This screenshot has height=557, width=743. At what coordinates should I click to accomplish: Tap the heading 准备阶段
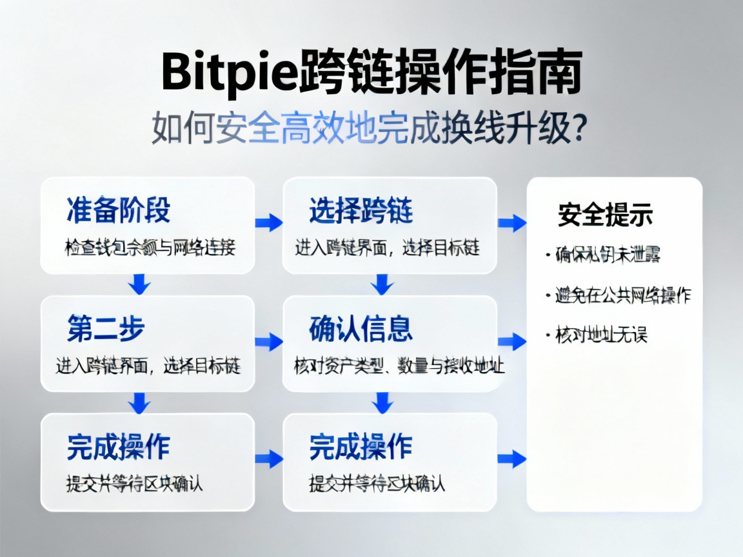[x=118, y=211]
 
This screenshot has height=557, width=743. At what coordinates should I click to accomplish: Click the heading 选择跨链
[x=361, y=211]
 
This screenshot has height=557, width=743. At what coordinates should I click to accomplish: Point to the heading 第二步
[x=106, y=329]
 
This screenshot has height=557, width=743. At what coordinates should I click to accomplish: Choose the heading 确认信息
[x=361, y=329]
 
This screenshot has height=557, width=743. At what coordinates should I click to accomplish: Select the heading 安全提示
[x=605, y=215]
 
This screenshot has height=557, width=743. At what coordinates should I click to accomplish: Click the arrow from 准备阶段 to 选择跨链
[x=269, y=223]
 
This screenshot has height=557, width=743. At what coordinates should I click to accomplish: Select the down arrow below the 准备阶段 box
[x=139, y=284]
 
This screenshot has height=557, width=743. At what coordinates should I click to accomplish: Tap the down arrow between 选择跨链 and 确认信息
[x=382, y=284]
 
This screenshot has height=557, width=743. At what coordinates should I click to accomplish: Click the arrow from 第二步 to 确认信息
[x=269, y=342]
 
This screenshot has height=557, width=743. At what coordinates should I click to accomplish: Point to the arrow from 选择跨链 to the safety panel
[x=512, y=223]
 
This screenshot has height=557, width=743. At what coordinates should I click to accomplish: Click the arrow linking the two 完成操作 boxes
[x=269, y=459]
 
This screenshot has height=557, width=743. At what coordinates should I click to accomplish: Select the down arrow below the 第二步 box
[x=139, y=402]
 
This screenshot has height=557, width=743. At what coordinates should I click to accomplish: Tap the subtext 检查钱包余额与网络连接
[x=150, y=248]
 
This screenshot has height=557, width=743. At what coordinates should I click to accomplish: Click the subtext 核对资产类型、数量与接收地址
[x=399, y=366]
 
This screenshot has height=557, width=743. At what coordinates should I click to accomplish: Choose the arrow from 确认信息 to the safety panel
[x=512, y=342]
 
